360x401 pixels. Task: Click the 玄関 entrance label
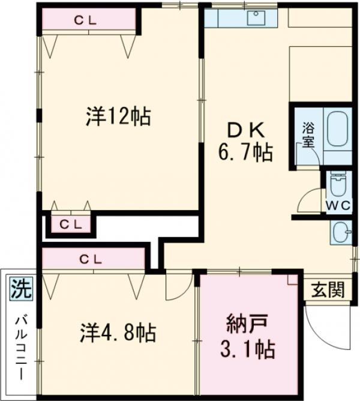[328, 291]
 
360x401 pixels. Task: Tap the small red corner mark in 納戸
[292, 279]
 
